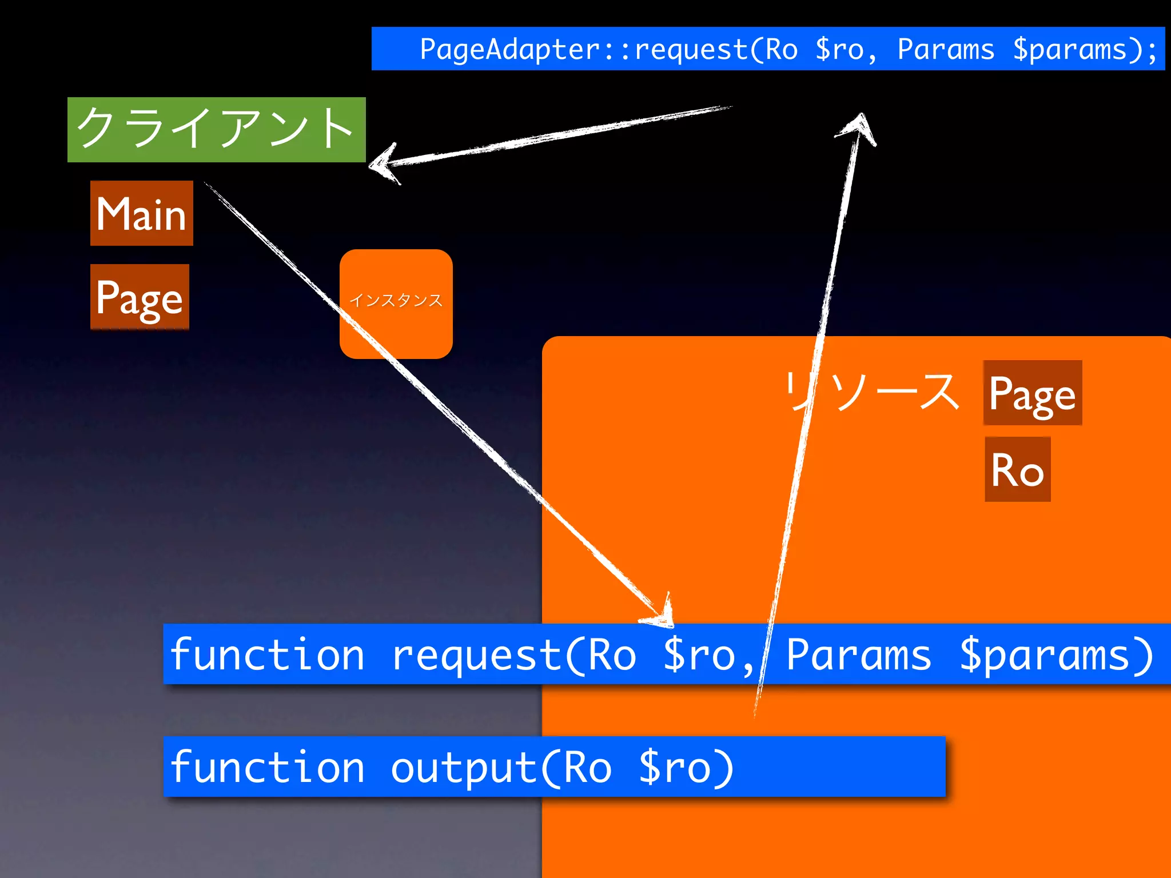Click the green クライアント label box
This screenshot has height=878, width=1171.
coord(216,130)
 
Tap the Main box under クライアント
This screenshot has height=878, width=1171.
coord(141,213)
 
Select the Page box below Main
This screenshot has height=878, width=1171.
coord(140,297)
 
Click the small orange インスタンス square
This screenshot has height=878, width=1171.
coord(396,304)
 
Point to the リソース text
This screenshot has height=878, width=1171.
coord(871,392)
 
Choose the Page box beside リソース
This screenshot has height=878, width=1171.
coord(1032,393)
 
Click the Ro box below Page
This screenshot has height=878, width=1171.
coord(1017,469)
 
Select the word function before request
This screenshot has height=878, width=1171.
coord(267,654)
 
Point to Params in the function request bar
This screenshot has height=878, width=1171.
coord(858,654)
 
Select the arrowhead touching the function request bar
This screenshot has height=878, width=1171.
coord(660,614)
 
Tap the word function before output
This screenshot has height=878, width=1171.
coord(267,767)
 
